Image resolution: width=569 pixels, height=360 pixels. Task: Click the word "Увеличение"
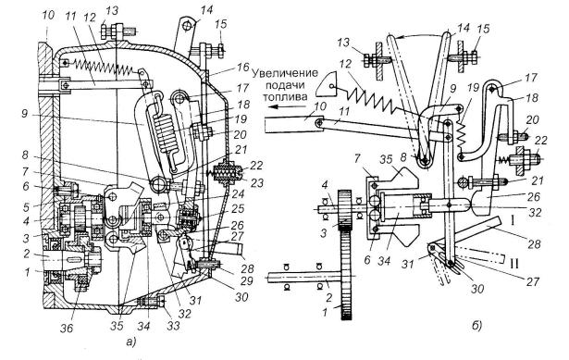[x=285, y=73]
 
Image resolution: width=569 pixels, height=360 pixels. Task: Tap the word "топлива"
[x=285, y=97]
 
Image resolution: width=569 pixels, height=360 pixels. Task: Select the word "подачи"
[x=286, y=85]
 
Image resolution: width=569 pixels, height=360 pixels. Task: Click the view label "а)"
[x=130, y=341]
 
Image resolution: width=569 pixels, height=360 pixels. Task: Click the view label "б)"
[x=477, y=327]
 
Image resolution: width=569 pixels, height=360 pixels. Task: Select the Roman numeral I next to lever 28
[x=513, y=220]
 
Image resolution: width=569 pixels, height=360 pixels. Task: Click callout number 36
[x=67, y=328]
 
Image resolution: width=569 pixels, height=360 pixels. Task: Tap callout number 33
[x=173, y=326]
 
